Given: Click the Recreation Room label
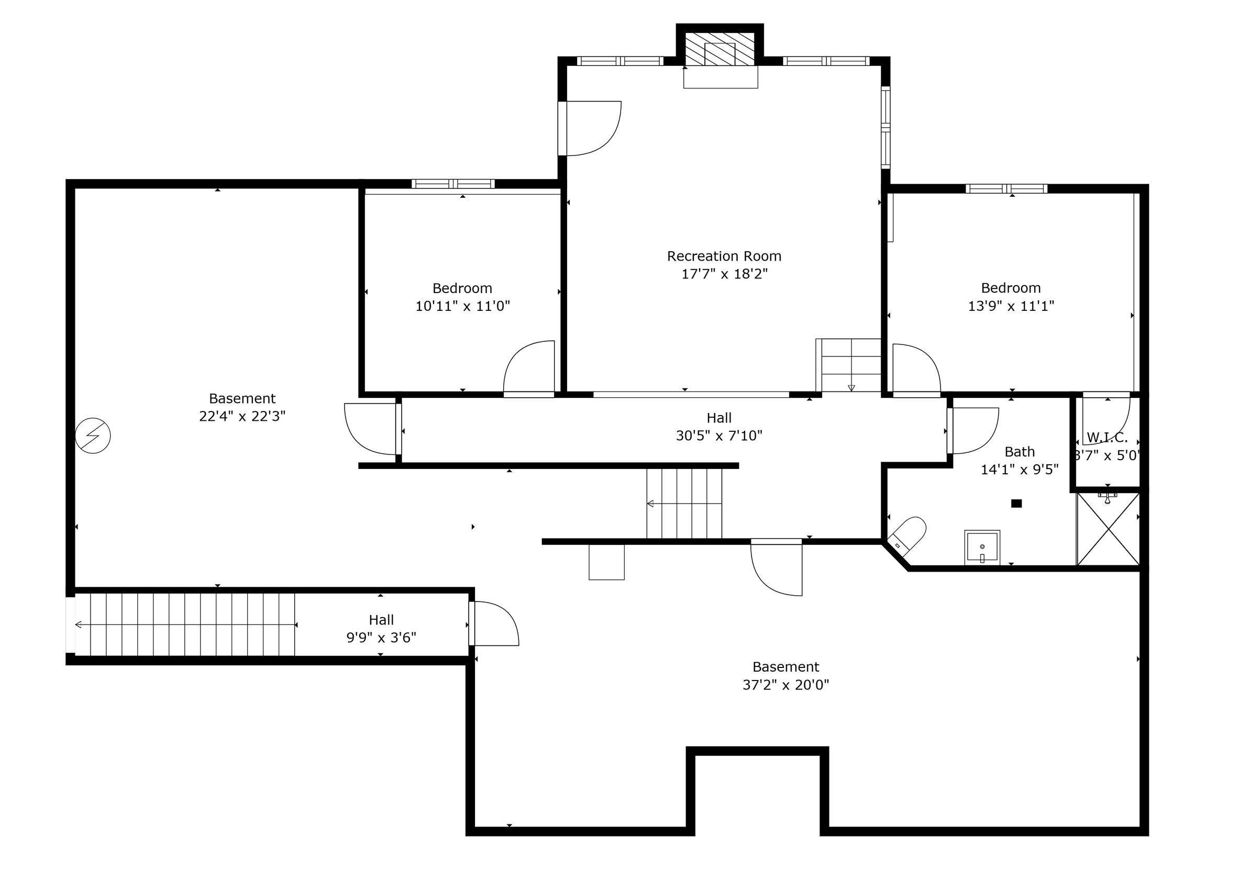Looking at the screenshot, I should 724,256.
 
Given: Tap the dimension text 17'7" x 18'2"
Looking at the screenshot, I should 724,274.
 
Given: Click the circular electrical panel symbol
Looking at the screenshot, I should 93,436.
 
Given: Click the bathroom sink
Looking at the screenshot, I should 982,547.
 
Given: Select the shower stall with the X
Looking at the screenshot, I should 1108,529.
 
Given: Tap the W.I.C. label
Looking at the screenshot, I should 1106,438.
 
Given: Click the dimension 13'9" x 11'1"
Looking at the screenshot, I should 1011,306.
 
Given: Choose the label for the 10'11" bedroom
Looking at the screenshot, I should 462,288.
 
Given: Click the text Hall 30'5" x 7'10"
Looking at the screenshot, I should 719,427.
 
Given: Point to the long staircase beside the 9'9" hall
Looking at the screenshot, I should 186,625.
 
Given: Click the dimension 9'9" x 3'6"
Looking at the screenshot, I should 381,638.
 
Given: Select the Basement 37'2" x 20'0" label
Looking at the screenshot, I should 786,676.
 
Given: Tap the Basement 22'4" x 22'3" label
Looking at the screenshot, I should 242,407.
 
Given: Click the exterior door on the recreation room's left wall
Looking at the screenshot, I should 563,129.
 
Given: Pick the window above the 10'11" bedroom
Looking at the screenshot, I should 453,184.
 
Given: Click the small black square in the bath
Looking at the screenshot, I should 1016,504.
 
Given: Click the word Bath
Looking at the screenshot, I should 1020,451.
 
